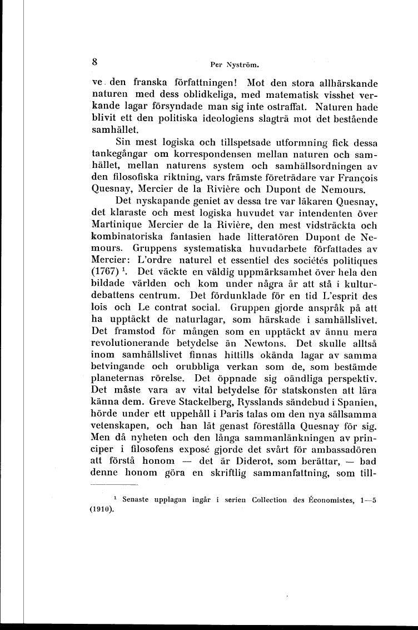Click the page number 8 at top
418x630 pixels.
95,61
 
